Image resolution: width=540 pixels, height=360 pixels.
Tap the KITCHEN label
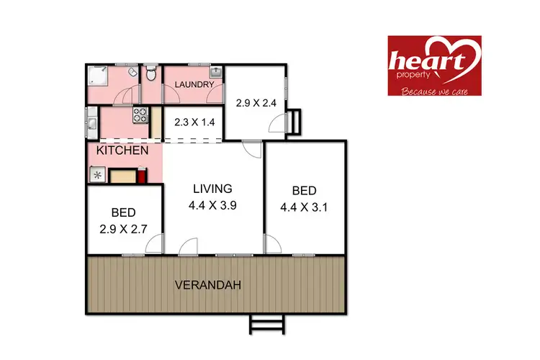123,150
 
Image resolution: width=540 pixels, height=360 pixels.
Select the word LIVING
212,189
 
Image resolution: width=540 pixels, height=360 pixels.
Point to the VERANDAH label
207,285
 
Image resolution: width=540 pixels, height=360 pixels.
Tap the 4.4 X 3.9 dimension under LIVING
212,204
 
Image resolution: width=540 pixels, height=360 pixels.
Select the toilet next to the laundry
150,74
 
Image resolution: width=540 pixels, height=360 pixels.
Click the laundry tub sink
216,73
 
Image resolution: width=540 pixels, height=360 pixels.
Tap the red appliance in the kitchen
142,175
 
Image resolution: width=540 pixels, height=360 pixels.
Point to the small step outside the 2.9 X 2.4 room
294,122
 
